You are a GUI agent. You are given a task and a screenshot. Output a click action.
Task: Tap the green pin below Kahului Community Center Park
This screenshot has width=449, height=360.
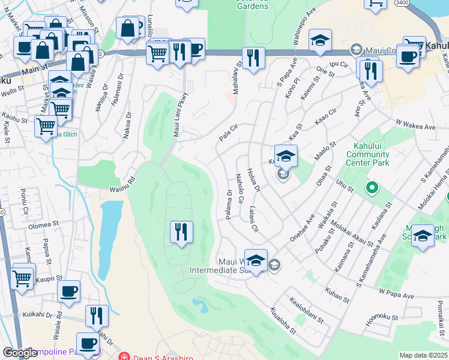[x=372, y=188]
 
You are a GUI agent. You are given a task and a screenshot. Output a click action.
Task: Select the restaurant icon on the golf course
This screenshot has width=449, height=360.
[x=181, y=232]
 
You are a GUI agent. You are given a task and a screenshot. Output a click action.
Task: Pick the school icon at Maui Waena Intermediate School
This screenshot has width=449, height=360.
[x=256, y=261]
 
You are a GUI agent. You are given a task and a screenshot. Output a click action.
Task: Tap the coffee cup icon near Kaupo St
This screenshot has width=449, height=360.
[x=68, y=292]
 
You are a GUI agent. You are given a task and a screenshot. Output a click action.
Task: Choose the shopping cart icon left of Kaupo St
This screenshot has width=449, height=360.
[x=22, y=277]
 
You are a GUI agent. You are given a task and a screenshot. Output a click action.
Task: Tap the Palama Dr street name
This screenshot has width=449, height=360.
[x=229, y=205]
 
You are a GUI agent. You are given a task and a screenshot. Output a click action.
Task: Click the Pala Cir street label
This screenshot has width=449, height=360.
[x=229, y=133]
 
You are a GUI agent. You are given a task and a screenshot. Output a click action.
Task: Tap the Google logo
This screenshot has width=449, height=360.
[x=20, y=353]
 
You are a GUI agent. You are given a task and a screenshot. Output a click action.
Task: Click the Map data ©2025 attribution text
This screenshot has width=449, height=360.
[x=423, y=355]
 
